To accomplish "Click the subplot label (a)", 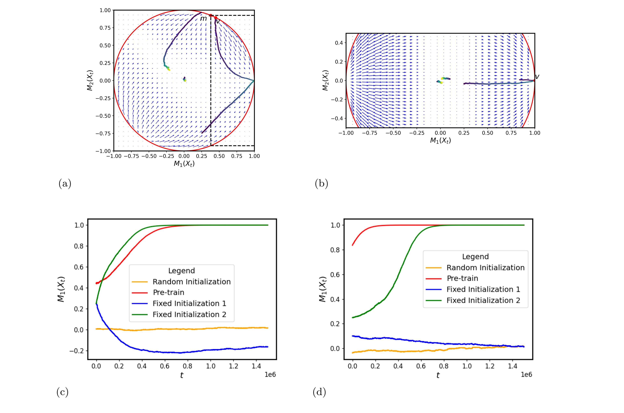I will pyautogui.click(x=65, y=184).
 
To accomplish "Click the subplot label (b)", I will pyautogui.click(x=321, y=184).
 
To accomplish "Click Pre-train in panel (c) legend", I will pyautogui.click(x=169, y=292).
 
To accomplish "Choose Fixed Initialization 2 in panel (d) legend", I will pyautogui.click(x=483, y=300).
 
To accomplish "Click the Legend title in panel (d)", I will pyautogui.click(x=475, y=257).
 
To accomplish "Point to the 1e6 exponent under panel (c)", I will pyautogui.click(x=270, y=374).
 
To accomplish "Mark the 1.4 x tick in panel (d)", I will pyautogui.click(x=512, y=366).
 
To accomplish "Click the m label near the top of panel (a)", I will pyautogui.click(x=203, y=19).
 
